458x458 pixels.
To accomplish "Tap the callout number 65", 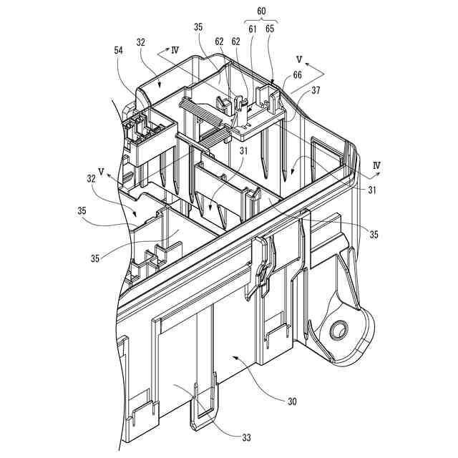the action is coord(270,29).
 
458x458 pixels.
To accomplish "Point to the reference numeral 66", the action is coord(296,75).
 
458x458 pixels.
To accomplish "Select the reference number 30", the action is coord(292,401).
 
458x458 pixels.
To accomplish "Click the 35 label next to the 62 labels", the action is coord(198,29).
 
